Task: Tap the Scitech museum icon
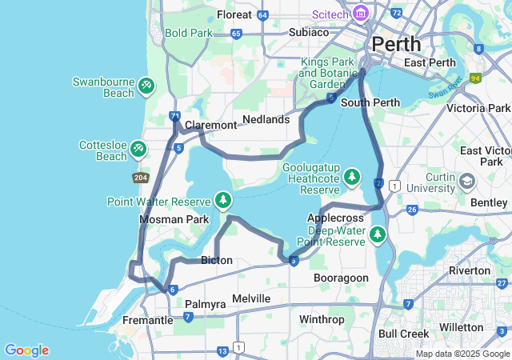click(360, 14)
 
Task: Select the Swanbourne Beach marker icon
click(146, 84)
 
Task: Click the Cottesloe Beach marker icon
click(138, 148)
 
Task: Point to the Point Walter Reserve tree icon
click(223, 200)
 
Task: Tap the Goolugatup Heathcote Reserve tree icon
click(352, 178)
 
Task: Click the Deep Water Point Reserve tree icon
click(377, 234)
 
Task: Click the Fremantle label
click(147, 320)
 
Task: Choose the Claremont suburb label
click(210, 125)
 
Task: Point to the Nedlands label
click(266, 119)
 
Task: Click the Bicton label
click(217, 260)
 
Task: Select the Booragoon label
click(342, 278)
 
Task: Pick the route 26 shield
click(413, 210)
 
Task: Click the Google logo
click(26, 350)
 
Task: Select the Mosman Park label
click(174, 219)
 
